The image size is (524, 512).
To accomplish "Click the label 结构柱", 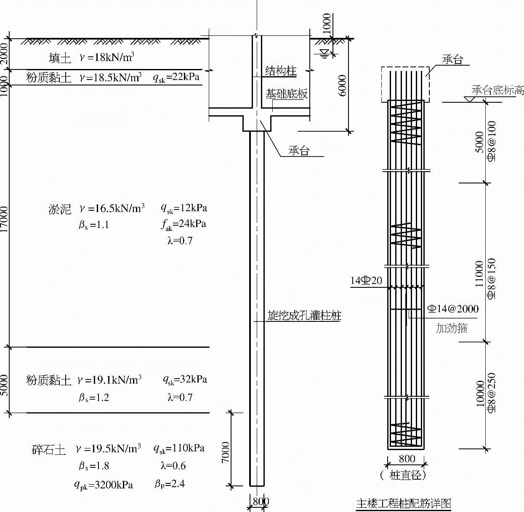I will point(281,71).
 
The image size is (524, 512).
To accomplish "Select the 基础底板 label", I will point(286,94).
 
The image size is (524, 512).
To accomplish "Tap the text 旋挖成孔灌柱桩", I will point(304,316).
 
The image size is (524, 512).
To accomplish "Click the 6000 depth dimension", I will point(343,85).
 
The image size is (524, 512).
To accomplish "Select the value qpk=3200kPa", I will point(104,485).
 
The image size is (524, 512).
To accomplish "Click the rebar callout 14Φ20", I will point(366,281).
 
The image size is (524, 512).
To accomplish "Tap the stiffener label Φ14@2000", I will point(453,309).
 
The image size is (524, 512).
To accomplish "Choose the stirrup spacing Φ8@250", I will point(491,393).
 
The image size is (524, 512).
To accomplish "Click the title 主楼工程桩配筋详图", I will point(404,503).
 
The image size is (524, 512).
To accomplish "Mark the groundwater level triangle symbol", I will point(324,53).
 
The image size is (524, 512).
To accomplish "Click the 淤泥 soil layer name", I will point(60,209).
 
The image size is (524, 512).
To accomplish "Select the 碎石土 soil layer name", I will point(49,450).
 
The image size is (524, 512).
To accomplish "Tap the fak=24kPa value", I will point(184,225).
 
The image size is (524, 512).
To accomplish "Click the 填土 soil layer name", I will point(60,58).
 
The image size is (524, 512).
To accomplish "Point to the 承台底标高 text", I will point(497,90).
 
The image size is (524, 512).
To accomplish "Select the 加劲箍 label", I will point(452,328).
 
